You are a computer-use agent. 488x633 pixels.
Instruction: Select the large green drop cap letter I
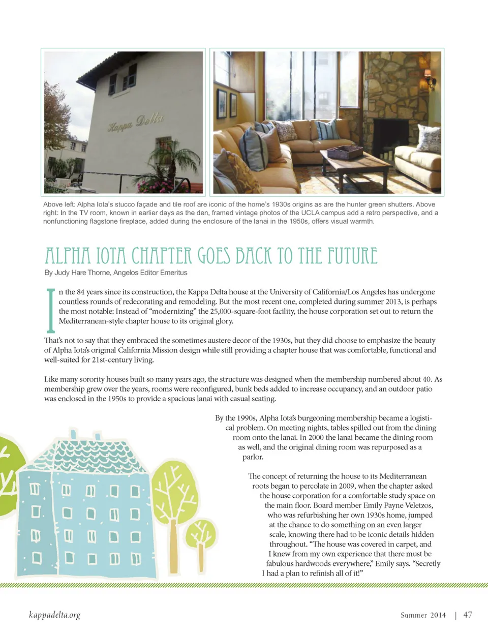coord(50,310)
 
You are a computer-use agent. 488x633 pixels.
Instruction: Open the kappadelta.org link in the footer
coord(54,615)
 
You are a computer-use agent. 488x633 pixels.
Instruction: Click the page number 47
coord(468,615)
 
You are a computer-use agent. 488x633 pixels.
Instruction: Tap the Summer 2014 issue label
coord(423,615)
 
